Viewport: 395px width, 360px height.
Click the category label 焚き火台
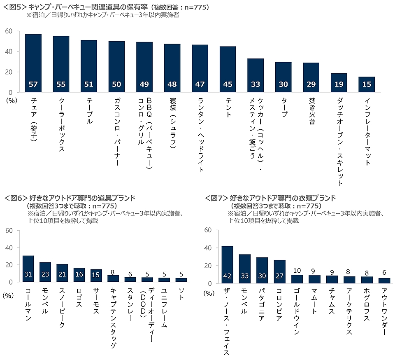pyautogui.click(x=311, y=109)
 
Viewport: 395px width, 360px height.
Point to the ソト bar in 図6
pyautogui.click(x=181, y=280)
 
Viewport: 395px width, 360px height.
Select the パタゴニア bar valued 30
pyautogui.click(x=262, y=270)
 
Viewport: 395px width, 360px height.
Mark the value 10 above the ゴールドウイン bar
pyautogui.click(x=297, y=271)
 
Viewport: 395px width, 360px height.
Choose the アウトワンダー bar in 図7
pyautogui.click(x=384, y=281)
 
